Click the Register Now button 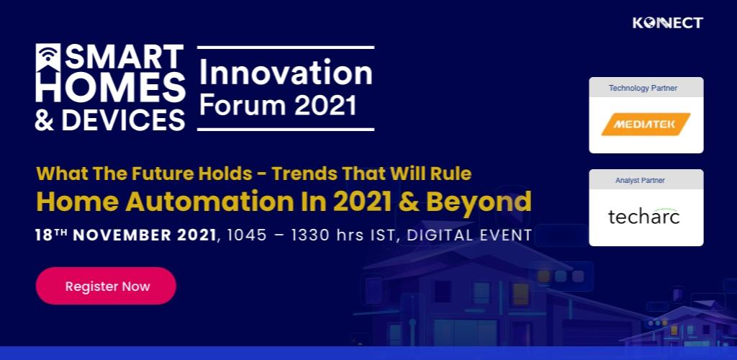[106, 286]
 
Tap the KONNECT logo [667, 22]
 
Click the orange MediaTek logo [646, 124]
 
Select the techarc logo [643, 216]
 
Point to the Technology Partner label [643, 88]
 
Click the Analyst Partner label [640, 181]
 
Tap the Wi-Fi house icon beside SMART [48, 58]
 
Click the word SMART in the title [124, 58]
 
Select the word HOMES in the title [110, 87]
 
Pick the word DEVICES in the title [123, 120]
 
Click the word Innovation [286, 73]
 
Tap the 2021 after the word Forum [325, 105]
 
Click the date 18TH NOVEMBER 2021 [125, 235]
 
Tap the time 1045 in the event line [247, 235]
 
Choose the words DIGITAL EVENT [469, 235]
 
